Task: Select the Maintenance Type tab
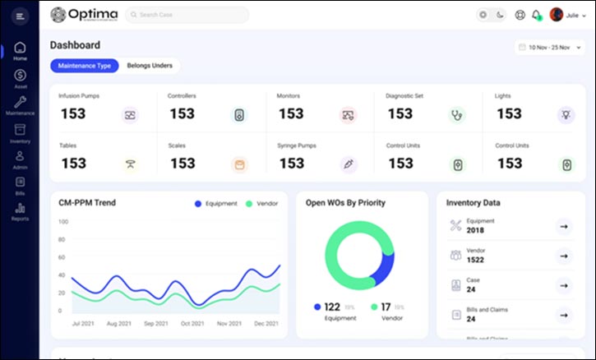[x=84, y=66]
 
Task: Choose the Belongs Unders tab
[x=150, y=66]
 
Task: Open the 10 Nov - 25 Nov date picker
[x=550, y=48]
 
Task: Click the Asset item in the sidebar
[x=20, y=79]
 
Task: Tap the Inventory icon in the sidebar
[x=20, y=133]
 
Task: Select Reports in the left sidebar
[x=20, y=211]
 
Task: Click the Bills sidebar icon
[x=20, y=185]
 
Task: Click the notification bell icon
[x=537, y=15]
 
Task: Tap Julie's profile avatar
[x=557, y=15]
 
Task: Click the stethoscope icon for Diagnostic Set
[x=456, y=115]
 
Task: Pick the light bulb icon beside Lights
[x=566, y=115]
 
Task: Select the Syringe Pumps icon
[x=349, y=164]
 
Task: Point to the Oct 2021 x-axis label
[x=192, y=324]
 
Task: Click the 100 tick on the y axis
[x=62, y=222]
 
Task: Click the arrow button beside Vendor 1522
[x=563, y=256]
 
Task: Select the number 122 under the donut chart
[x=333, y=307]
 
